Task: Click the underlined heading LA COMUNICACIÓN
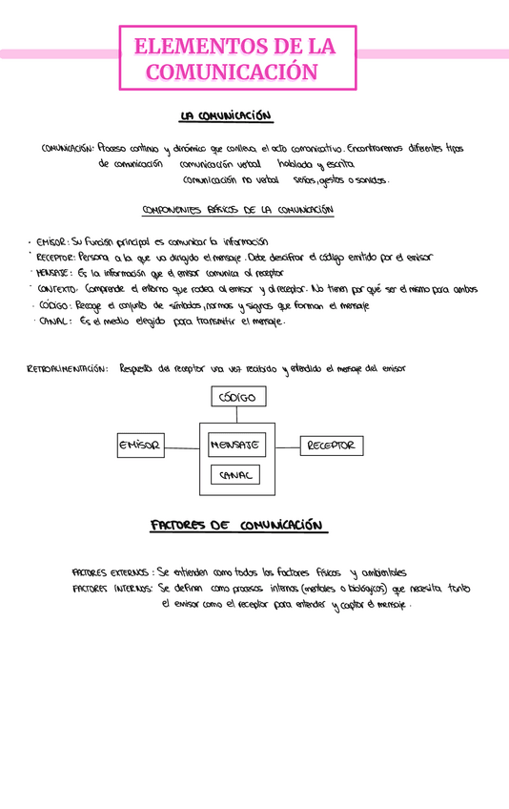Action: point(226,116)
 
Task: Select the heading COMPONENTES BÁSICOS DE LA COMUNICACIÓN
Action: point(236,208)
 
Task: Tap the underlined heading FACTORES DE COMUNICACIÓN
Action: point(238,526)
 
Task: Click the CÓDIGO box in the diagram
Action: point(237,397)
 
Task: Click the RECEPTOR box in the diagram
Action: point(331,446)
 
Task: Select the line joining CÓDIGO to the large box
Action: point(237,415)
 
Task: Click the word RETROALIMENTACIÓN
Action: point(67,368)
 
